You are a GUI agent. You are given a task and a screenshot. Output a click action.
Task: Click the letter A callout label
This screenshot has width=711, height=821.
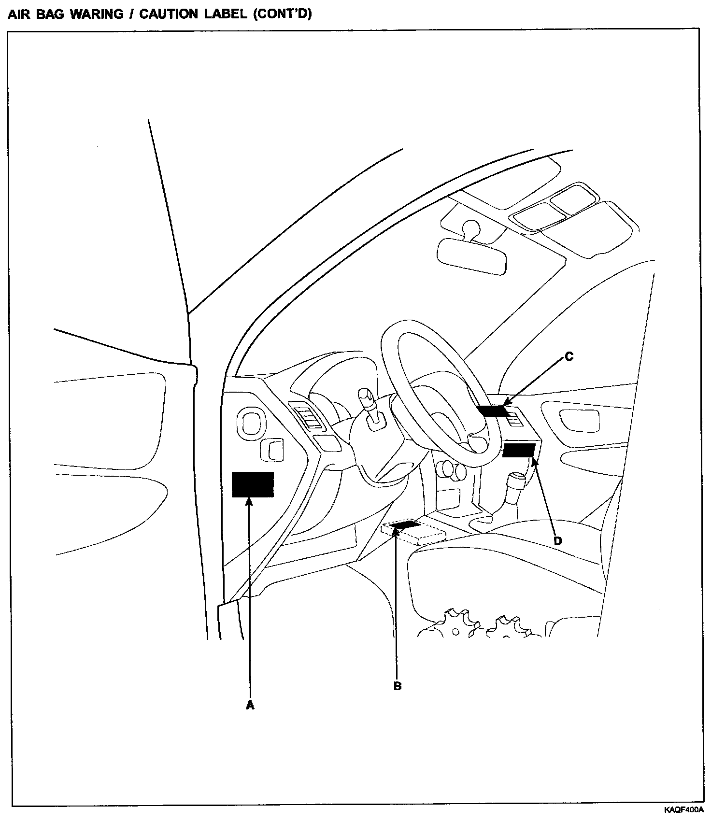pyautogui.click(x=250, y=706)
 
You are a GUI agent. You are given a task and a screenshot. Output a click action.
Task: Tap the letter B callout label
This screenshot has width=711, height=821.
pyautogui.click(x=398, y=686)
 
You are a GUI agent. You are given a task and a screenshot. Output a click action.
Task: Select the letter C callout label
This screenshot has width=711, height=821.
pyautogui.click(x=569, y=357)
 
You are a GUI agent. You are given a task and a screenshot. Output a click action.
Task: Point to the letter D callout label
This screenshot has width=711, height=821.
pyautogui.click(x=557, y=541)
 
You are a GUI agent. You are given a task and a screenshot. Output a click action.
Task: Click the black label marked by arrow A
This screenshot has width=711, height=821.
pyautogui.click(x=253, y=484)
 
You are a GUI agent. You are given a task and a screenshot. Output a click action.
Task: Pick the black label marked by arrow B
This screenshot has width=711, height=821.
pyautogui.click(x=405, y=525)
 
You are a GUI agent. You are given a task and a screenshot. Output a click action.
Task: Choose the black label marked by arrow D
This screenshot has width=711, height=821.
pyautogui.click(x=518, y=450)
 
